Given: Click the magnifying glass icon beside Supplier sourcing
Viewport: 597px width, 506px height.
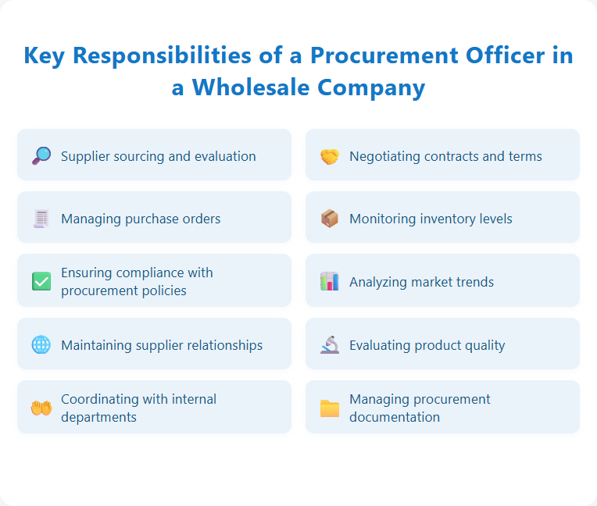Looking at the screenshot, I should click(x=41, y=155).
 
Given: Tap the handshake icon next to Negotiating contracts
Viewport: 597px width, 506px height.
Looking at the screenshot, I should click(x=330, y=156).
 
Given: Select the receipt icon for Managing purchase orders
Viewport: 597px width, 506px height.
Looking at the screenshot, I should click(x=41, y=219).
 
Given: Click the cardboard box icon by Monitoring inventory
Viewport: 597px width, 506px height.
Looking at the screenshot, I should click(x=330, y=219).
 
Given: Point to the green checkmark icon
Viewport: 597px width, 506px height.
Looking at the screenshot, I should click(x=41, y=281).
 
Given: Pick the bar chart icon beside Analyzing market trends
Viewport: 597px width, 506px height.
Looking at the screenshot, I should click(x=330, y=281).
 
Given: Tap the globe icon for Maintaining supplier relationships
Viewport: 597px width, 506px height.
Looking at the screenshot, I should click(x=41, y=344).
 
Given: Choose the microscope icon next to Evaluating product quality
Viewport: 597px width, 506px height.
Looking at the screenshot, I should click(x=330, y=344).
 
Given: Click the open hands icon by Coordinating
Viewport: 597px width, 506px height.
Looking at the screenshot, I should click(x=41, y=408).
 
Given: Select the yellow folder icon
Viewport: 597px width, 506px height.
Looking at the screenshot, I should click(x=330, y=408).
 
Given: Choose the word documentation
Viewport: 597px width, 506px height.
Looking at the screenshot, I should click(x=394, y=417).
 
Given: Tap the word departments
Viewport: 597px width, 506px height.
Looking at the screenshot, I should click(x=98, y=417).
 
